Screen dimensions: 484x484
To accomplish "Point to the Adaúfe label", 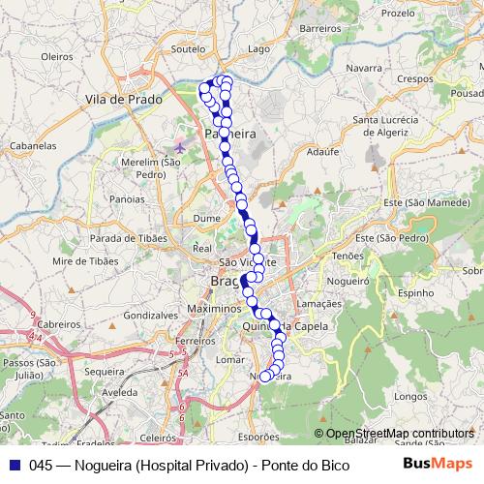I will tap(322, 152).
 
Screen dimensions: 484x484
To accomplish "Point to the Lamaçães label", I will tap(318, 303).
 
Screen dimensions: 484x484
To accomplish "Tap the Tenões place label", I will tap(347, 256).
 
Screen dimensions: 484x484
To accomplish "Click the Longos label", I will tap(411, 396).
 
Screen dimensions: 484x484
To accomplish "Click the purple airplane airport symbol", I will tap(179, 146).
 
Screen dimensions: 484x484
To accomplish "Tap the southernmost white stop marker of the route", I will tap(265, 377).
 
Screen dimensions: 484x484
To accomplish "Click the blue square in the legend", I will tap(13, 464).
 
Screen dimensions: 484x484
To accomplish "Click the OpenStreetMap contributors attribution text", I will tap(400, 433).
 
